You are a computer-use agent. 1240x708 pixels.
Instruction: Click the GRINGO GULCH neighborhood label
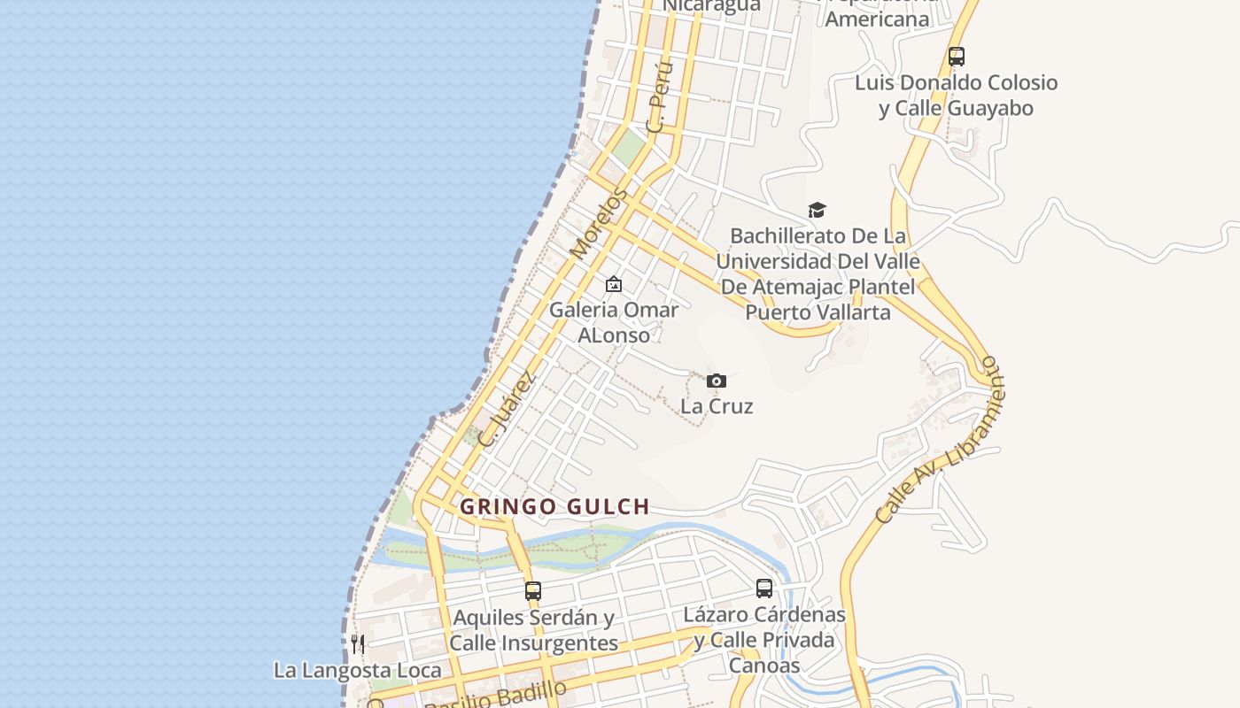click(x=555, y=507)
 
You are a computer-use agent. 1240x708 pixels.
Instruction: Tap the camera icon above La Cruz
click(x=717, y=381)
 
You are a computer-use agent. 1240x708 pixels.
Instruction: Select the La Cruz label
click(x=717, y=406)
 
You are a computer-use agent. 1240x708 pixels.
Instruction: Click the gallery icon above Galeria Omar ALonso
click(x=613, y=285)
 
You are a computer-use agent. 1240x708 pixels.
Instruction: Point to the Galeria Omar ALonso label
click(x=613, y=322)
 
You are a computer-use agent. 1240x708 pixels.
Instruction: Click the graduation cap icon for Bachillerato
click(x=817, y=211)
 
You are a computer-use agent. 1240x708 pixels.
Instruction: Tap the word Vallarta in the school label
click(x=834, y=312)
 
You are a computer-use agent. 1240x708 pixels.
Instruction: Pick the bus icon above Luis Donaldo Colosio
click(x=957, y=57)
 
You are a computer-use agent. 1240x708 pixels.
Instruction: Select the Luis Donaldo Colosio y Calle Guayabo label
click(x=957, y=96)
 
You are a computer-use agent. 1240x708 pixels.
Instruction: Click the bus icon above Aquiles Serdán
click(x=532, y=590)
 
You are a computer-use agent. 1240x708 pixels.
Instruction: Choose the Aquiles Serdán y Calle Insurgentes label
click(x=533, y=630)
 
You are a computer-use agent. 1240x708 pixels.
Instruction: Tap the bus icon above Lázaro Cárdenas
click(x=764, y=589)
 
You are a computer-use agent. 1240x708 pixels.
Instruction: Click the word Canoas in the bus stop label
click(x=764, y=666)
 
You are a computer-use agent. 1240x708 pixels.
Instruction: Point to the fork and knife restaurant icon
click(x=358, y=644)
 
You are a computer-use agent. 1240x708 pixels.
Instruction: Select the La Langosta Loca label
click(x=357, y=670)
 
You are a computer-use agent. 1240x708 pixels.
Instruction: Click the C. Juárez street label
click(x=506, y=408)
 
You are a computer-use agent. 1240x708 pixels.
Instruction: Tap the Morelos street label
click(x=599, y=224)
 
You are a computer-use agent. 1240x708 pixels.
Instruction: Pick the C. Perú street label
click(x=660, y=97)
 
